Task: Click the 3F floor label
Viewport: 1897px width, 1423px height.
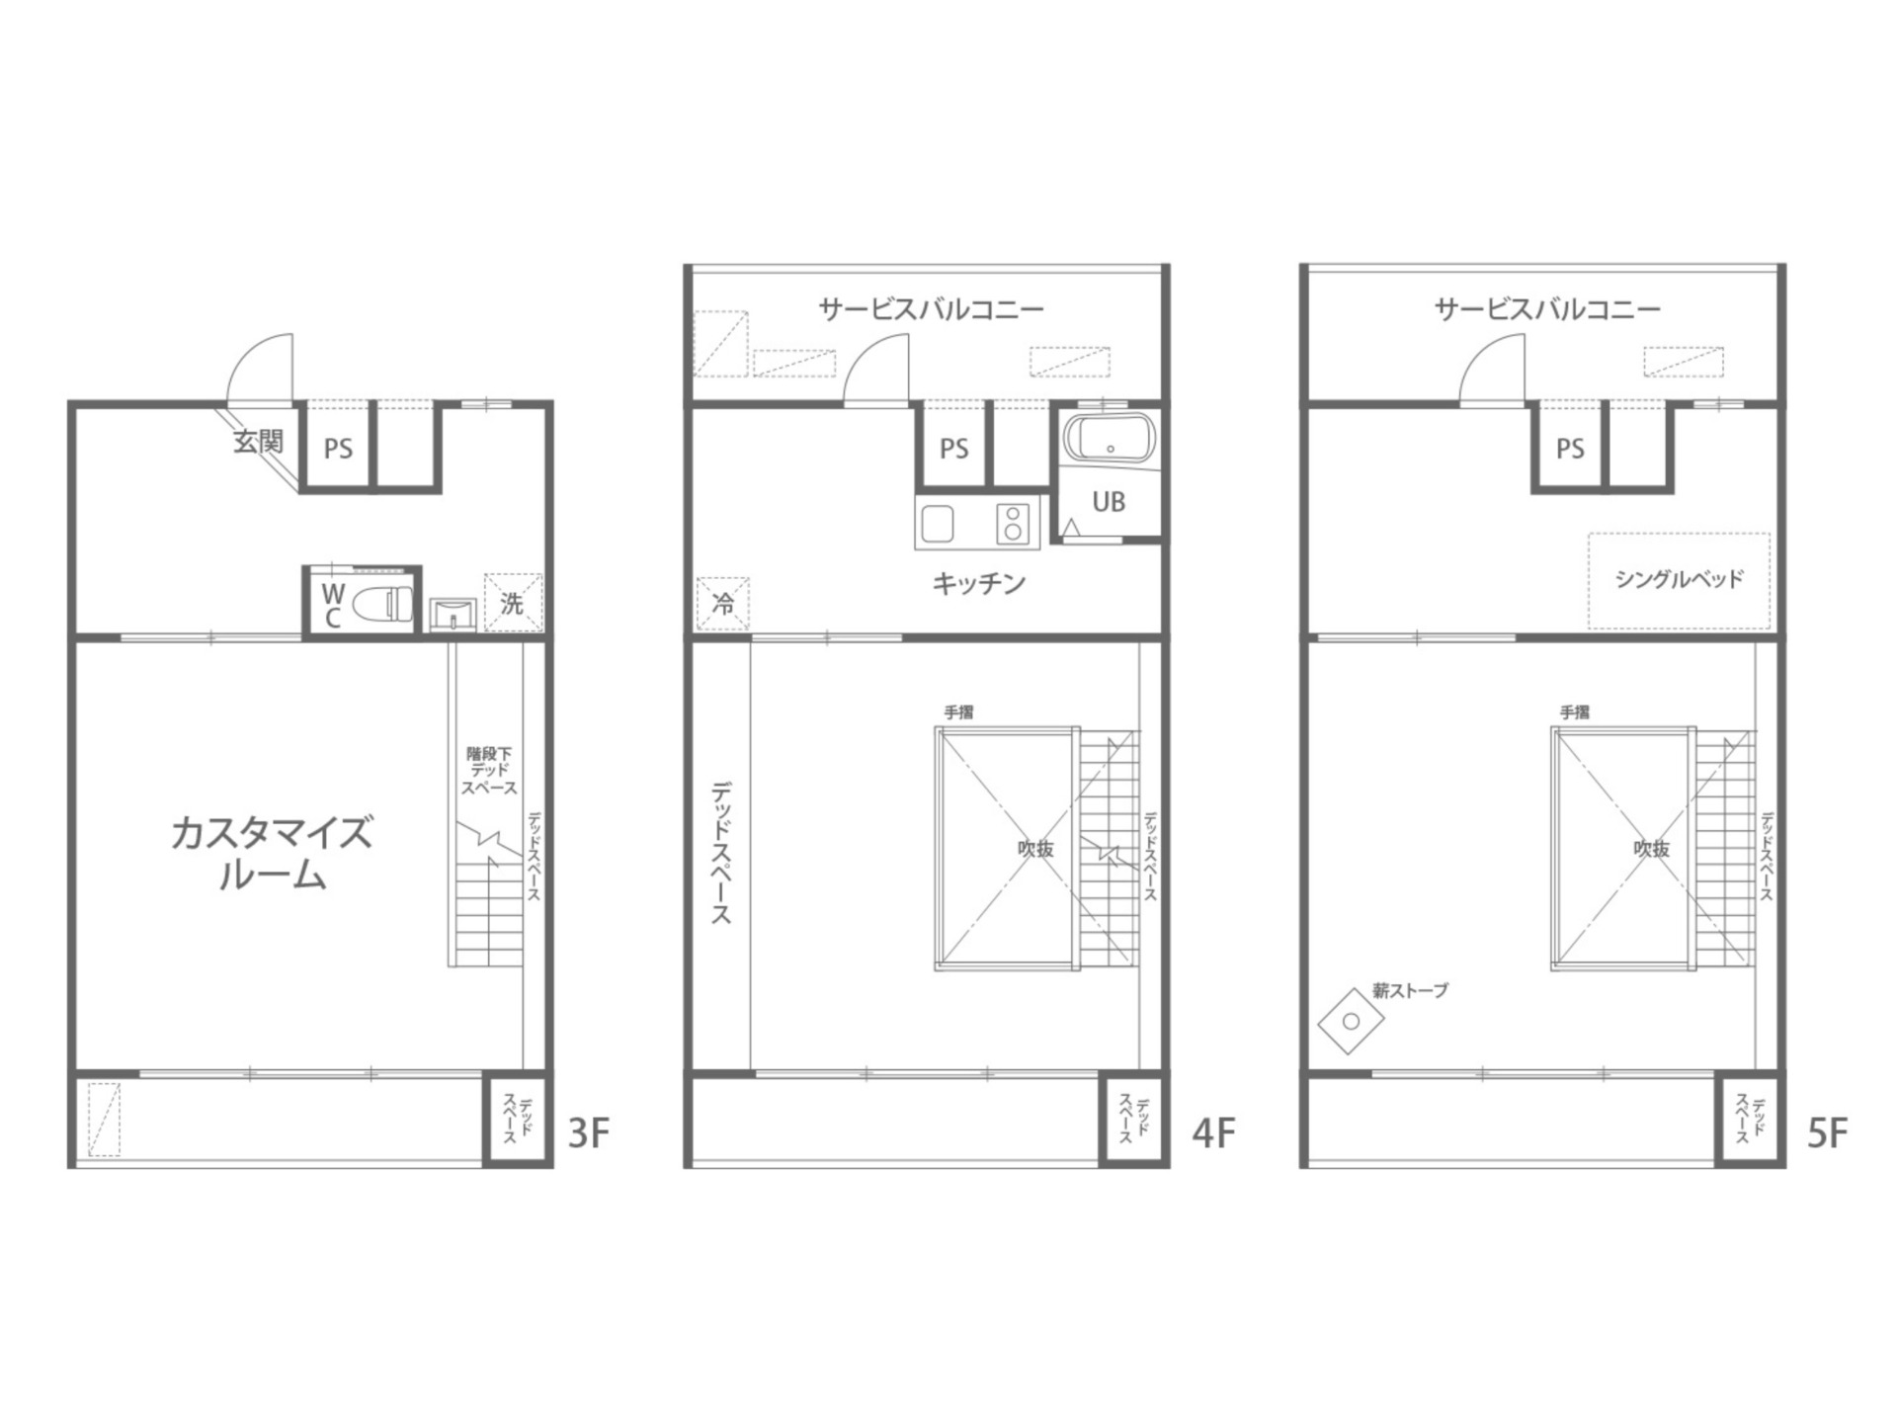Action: tap(589, 1133)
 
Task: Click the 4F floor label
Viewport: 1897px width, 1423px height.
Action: tap(1213, 1133)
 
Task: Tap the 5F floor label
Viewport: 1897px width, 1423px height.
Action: tap(1827, 1133)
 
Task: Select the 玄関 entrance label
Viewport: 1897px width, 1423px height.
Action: tap(258, 442)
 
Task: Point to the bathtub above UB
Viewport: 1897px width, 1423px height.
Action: tap(1110, 439)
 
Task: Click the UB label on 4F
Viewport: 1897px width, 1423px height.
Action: tap(1109, 502)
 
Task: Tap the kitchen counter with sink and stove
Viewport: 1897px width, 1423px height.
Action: tap(977, 524)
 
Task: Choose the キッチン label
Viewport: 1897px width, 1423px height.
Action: tap(979, 583)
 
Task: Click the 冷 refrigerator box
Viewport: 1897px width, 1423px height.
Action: tap(722, 604)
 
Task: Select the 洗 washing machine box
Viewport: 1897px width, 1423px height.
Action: tap(513, 602)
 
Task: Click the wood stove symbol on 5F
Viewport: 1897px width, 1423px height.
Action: tap(1351, 1021)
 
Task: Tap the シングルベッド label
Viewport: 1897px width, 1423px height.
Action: tap(1679, 579)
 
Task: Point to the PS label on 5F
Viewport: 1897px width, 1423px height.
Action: tap(1570, 450)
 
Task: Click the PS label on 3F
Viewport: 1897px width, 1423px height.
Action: tap(338, 450)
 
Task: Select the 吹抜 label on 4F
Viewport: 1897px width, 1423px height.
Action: tap(1036, 849)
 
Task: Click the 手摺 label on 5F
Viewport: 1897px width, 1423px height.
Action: tap(1575, 711)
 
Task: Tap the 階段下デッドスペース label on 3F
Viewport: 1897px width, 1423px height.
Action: tap(489, 771)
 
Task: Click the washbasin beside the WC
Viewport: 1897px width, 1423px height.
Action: tap(454, 614)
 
